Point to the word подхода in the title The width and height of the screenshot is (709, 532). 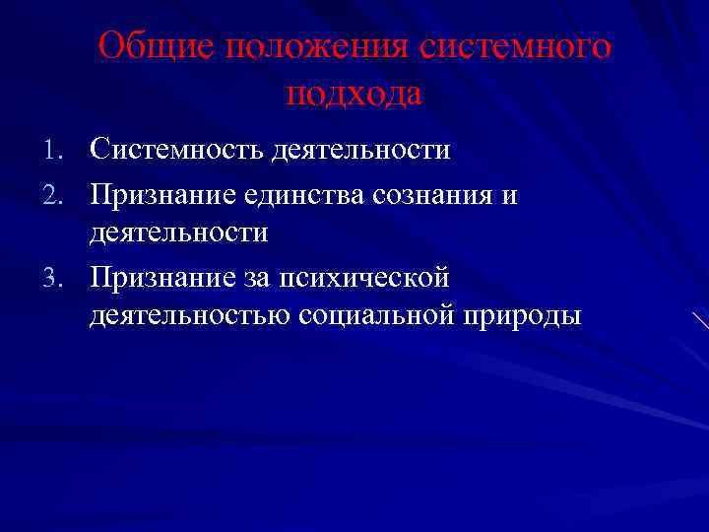coord(354,95)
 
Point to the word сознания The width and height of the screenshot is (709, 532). coord(435,195)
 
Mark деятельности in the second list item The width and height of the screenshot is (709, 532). coord(178,233)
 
